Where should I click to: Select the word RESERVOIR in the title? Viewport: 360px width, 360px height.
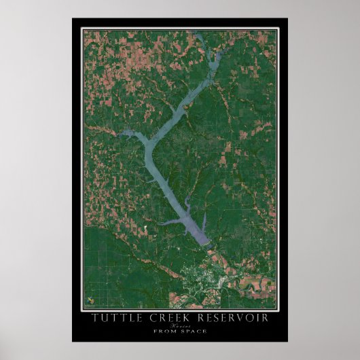tap(233, 318)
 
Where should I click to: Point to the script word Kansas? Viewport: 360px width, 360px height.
tap(180, 325)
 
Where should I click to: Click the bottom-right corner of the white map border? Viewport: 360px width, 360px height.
tap(278, 310)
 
